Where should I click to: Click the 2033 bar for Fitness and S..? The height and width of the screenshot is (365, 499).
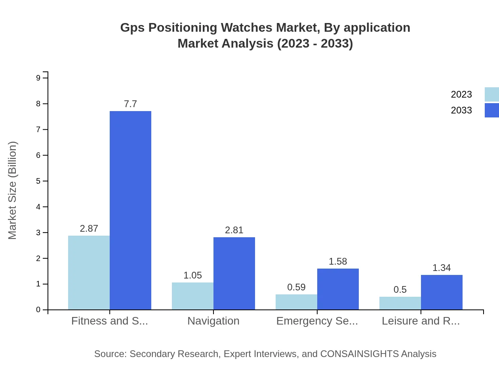(x=130, y=210)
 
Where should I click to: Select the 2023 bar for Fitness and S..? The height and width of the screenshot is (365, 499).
(x=89, y=273)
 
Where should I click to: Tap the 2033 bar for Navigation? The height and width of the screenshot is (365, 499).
(x=234, y=273)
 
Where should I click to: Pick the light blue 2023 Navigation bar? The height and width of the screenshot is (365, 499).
(x=192, y=296)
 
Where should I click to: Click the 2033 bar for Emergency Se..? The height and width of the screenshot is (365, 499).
(x=338, y=289)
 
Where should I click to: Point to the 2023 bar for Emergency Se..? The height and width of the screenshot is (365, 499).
(x=296, y=302)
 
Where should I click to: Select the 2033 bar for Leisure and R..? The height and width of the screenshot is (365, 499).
(x=442, y=292)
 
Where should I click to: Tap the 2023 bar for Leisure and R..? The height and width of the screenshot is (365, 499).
(x=400, y=303)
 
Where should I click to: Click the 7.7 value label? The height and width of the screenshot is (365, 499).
(x=130, y=104)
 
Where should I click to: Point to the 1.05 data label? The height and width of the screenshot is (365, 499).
(x=192, y=275)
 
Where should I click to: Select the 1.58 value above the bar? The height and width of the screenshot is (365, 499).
(x=338, y=261)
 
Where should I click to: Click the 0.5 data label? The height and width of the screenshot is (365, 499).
(x=400, y=290)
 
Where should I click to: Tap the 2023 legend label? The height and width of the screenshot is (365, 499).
(x=461, y=94)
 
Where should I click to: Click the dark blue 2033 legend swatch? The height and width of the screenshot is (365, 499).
(x=491, y=110)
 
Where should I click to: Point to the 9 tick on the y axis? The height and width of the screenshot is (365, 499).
(x=38, y=78)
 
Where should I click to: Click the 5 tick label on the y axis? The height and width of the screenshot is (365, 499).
(x=38, y=181)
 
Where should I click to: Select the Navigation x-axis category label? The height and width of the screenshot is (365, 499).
(x=213, y=321)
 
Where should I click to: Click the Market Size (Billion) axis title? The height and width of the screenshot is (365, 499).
(x=13, y=190)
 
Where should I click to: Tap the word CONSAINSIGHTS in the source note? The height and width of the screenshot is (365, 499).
(x=359, y=354)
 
